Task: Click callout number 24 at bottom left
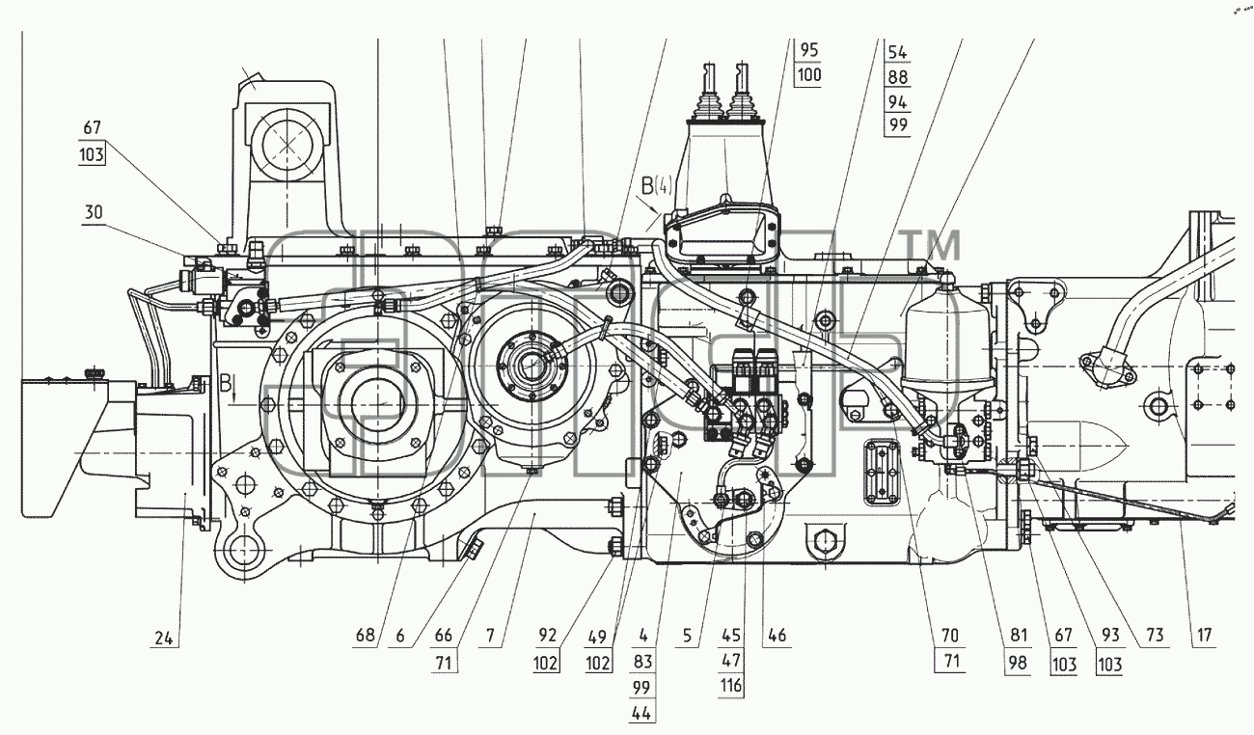click(164, 638)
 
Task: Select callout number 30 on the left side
click(94, 213)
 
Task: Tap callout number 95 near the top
click(809, 50)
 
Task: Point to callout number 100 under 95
click(809, 74)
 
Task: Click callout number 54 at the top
click(897, 52)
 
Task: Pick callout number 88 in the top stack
click(897, 77)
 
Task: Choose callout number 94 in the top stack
click(897, 101)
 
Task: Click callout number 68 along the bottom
click(366, 635)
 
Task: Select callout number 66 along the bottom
click(444, 635)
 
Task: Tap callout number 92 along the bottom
click(548, 635)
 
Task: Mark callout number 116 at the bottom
click(731, 685)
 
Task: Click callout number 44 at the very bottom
click(641, 713)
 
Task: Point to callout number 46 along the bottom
click(777, 635)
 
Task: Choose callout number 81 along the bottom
click(1019, 635)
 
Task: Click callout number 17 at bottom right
click(1204, 635)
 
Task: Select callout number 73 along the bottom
click(1155, 635)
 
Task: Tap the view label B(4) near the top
click(657, 186)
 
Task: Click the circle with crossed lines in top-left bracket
click(286, 145)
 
